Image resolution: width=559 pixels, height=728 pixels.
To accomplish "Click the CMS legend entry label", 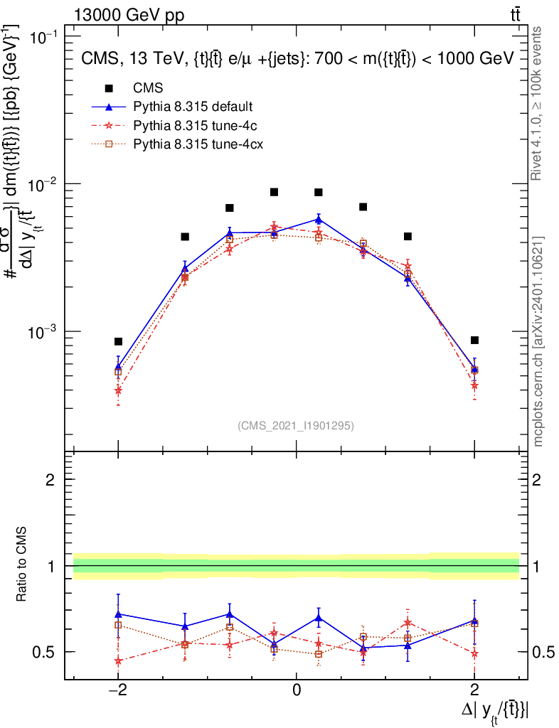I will tap(148, 88).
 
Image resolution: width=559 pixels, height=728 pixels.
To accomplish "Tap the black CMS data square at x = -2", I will tap(118, 341).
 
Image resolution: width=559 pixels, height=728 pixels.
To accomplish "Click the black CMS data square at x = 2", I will tap(474, 340).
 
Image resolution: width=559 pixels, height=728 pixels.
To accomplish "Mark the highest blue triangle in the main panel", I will tap(319, 219).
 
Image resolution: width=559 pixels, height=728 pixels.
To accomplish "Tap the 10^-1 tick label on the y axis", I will tap(45, 37).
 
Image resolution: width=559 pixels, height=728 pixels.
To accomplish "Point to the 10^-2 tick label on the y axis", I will tap(45, 185).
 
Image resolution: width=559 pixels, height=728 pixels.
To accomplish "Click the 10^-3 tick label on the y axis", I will tap(45, 333).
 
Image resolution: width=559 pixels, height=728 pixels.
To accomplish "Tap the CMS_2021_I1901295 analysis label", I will tap(296, 425).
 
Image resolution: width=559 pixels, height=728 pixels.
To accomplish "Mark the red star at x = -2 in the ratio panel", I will tap(118, 660).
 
